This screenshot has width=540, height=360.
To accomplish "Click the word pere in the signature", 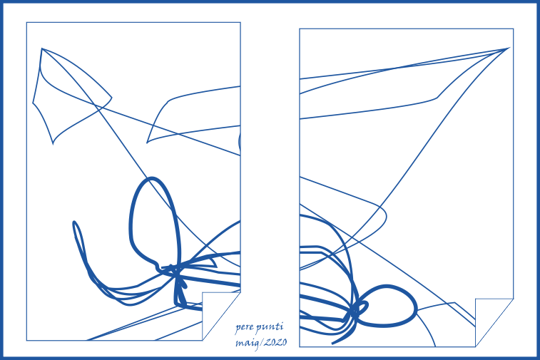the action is click(x=245, y=328).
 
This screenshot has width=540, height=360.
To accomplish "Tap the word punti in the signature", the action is click(x=270, y=327).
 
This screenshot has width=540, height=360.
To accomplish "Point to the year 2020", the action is click(x=275, y=342).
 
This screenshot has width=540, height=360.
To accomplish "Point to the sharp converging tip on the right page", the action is click(x=509, y=48).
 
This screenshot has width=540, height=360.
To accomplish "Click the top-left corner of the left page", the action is click(x=26, y=22).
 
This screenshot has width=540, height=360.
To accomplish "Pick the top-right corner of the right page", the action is click(x=514, y=29).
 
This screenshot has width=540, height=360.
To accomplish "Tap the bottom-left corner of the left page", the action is click(x=26, y=340).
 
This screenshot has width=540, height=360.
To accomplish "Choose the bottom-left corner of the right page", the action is click(x=300, y=346).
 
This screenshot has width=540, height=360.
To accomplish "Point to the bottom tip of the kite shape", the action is click(x=53, y=144).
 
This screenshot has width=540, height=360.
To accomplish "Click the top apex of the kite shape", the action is click(x=41, y=48).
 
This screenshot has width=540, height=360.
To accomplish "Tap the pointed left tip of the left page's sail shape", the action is click(x=147, y=143).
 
